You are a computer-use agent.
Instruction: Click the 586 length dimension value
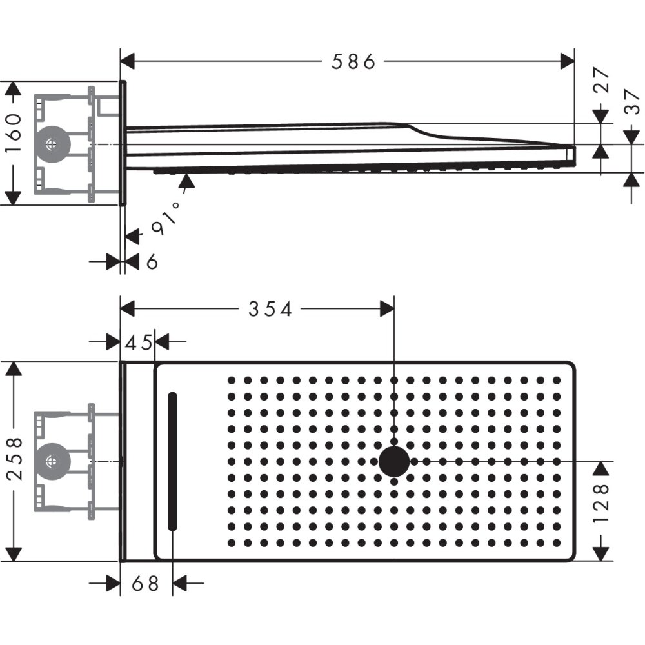click(x=353, y=62)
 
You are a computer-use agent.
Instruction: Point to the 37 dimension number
click(x=631, y=101)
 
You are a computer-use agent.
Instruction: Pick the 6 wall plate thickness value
click(x=151, y=262)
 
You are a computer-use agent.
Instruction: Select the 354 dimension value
click(x=270, y=309)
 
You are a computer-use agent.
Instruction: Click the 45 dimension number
click(x=138, y=342)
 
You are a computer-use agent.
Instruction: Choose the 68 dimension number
click(x=144, y=584)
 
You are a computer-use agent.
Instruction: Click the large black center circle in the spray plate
click(x=393, y=461)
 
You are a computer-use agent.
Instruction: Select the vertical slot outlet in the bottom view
click(x=172, y=461)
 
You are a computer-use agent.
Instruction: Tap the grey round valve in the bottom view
click(x=51, y=461)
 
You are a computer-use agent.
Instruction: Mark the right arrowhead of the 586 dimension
click(x=568, y=62)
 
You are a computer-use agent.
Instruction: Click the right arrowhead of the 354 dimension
click(x=387, y=309)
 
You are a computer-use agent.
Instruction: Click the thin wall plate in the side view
click(x=123, y=143)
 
